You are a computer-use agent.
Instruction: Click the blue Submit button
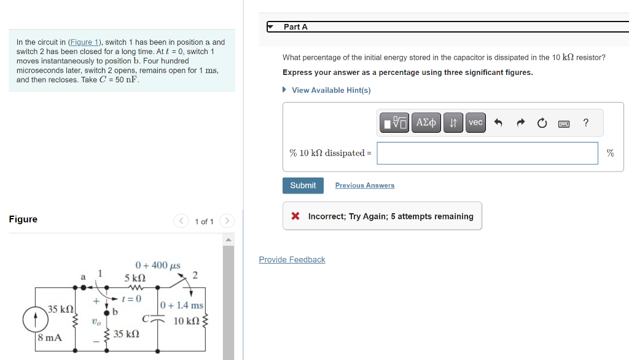(x=303, y=186)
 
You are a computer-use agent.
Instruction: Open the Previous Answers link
(x=365, y=186)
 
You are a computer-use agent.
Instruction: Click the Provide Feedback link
(x=292, y=260)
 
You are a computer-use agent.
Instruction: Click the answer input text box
(x=487, y=153)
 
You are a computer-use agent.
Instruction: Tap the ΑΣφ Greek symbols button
(x=426, y=123)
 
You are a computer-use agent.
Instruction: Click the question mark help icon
(x=585, y=123)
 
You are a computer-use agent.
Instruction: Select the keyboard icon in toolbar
(x=564, y=123)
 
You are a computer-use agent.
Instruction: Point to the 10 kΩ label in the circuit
(x=186, y=321)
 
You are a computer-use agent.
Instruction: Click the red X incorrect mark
(x=295, y=216)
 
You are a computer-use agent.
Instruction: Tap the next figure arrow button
(x=227, y=221)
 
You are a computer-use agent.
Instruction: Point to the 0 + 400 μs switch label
(x=158, y=265)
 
